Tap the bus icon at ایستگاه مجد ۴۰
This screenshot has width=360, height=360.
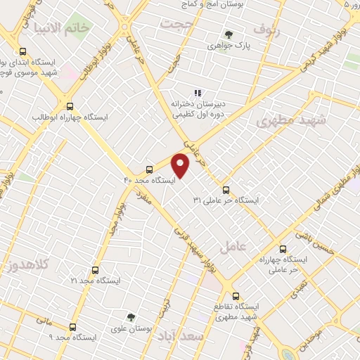tap(149, 169)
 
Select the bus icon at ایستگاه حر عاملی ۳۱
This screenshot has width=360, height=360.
tap(226, 189)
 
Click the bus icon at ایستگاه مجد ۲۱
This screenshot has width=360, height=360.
tap(95, 269)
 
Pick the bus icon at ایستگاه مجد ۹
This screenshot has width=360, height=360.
tap(73, 327)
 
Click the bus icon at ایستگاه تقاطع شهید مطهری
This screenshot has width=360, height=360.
tap(236, 296)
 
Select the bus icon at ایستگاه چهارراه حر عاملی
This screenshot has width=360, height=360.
tap(283, 249)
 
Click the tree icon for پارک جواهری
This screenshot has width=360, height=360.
tap(229, 34)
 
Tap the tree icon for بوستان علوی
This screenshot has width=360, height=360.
tap(130, 317)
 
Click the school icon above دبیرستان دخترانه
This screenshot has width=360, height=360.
tap(198, 92)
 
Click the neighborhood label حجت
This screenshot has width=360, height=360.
tap(176, 23)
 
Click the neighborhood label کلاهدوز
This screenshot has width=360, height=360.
tap(29, 265)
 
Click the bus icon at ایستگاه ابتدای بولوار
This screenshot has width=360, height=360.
tap(23, 52)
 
